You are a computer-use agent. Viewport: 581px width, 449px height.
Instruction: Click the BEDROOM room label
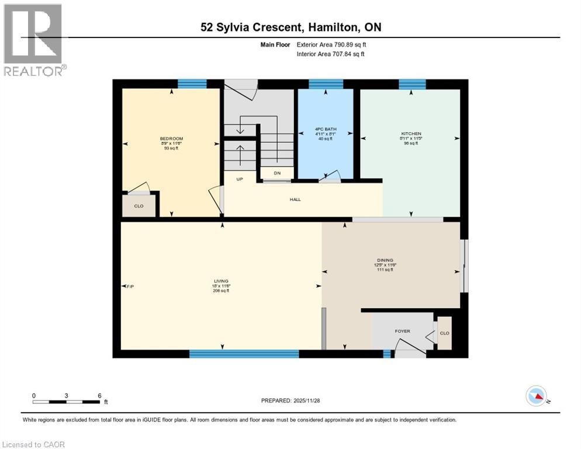pos(171,139)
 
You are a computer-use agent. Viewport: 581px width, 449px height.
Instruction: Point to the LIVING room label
pos(221,281)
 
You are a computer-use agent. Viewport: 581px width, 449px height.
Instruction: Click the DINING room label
pos(385,260)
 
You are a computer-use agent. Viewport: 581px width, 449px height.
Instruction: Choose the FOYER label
pos(402,331)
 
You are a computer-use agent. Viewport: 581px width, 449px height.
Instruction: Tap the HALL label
pos(295,199)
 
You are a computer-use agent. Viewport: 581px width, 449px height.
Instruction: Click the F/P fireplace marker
pos(130,286)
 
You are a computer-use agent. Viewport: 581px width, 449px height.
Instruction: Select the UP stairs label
pos(239,179)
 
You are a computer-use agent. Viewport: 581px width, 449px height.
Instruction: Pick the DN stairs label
pos(277,173)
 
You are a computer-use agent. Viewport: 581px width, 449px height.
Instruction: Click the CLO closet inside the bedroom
pos(139,206)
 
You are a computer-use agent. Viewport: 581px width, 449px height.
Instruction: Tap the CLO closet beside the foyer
pos(444,333)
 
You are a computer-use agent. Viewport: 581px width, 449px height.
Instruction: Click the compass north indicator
pos(536,396)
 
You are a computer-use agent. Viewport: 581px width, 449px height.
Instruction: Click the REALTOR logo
pos(33,40)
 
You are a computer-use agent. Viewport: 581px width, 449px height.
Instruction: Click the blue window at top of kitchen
pos(411,84)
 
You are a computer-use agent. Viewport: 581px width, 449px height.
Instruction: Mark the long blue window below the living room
pos(244,353)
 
